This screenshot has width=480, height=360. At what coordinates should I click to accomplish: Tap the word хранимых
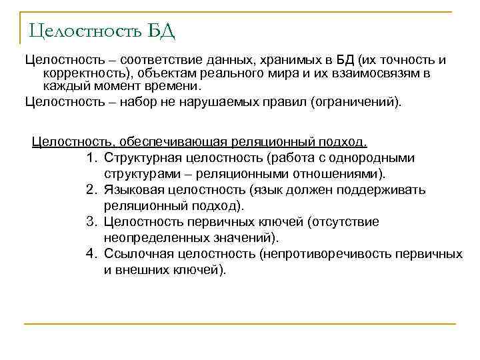click(x=269, y=60)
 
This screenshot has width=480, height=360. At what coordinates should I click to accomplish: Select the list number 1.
click(x=91, y=158)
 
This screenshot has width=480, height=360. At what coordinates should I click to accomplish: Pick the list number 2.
click(x=91, y=190)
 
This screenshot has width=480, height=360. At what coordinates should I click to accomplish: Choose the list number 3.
click(x=91, y=222)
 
